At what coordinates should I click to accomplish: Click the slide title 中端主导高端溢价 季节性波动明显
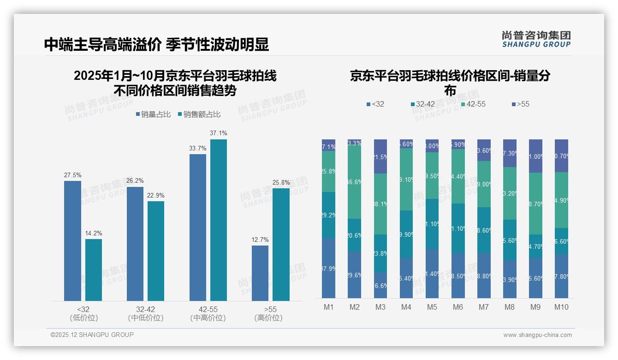click(156, 45)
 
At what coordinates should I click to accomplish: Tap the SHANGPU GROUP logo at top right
click(536, 39)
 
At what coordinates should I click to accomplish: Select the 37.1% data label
click(218, 133)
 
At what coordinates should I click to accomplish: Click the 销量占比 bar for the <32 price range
click(72, 240)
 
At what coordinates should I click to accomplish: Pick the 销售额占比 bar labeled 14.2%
click(94, 270)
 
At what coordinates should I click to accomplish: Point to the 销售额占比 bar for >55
click(281, 244)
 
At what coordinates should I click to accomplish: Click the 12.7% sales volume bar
click(260, 273)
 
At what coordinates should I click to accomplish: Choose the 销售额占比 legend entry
click(199, 114)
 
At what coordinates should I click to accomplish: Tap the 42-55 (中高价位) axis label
click(208, 313)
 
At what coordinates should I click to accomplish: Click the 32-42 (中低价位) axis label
click(145, 313)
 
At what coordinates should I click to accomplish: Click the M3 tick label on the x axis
click(380, 307)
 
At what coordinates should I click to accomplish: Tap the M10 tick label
click(561, 307)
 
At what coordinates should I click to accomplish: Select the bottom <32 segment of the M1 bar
click(328, 268)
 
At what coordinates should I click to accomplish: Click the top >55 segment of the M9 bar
click(535, 156)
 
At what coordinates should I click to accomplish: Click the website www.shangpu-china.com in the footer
click(537, 335)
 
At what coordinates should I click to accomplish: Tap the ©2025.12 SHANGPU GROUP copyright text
click(92, 335)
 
